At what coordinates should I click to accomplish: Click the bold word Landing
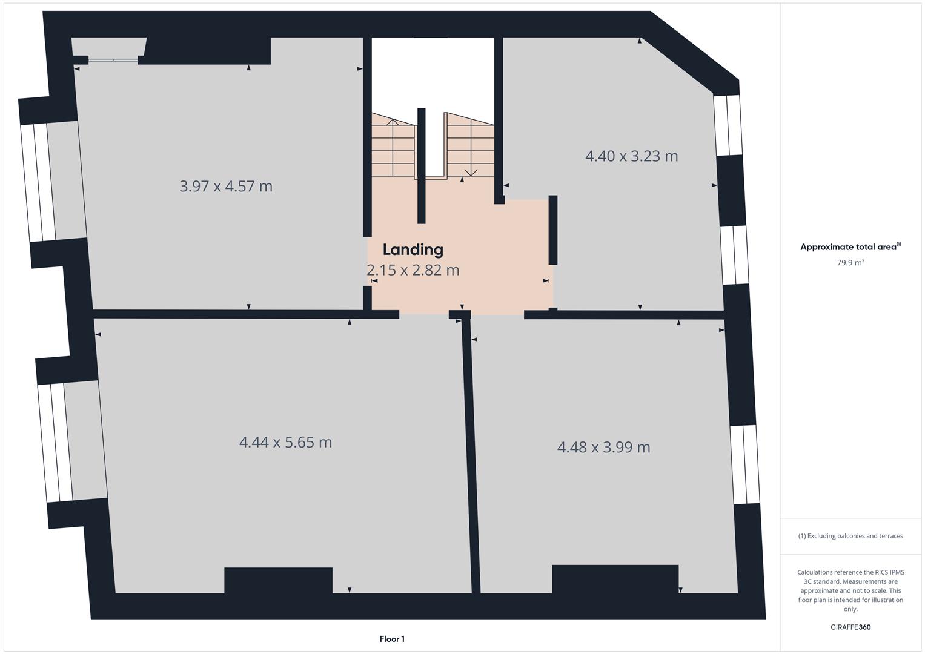coord(413,249)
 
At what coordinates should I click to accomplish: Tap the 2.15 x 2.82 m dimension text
coord(413,270)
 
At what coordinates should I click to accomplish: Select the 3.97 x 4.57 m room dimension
coord(225,186)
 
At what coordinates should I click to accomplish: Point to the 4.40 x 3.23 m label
coord(631,156)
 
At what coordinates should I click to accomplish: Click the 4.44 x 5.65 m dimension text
coord(285,442)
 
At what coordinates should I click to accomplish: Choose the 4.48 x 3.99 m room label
coord(603,447)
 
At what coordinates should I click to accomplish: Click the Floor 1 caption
coord(392,639)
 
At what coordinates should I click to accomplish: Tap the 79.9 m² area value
coord(850,263)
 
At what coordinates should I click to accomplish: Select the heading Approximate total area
coord(849,247)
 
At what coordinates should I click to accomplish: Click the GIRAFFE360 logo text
coord(850,627)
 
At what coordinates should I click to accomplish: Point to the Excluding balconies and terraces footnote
coord(850,536)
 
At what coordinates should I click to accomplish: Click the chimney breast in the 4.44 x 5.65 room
coord(278,580)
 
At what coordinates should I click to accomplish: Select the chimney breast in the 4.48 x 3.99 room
coord(615,578)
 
